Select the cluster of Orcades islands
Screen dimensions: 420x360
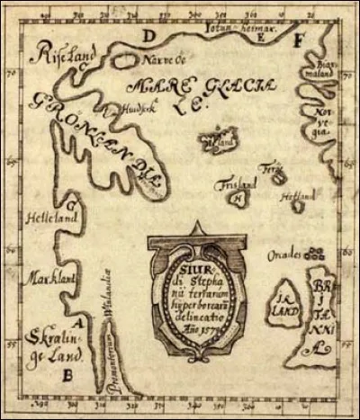pyautogui.click(x=313, y=255)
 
